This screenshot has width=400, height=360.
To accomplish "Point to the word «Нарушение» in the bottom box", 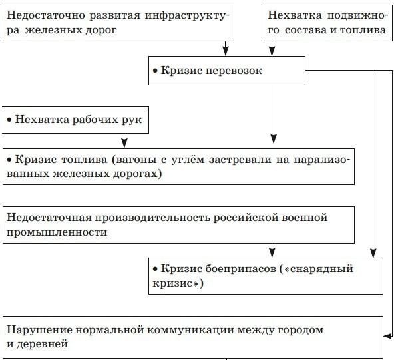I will (37, 330).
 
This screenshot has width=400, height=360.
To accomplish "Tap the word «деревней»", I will (44, 345).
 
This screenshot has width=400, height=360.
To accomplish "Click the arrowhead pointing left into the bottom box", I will (387, 337).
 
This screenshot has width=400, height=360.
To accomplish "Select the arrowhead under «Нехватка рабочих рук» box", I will (124, 143).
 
